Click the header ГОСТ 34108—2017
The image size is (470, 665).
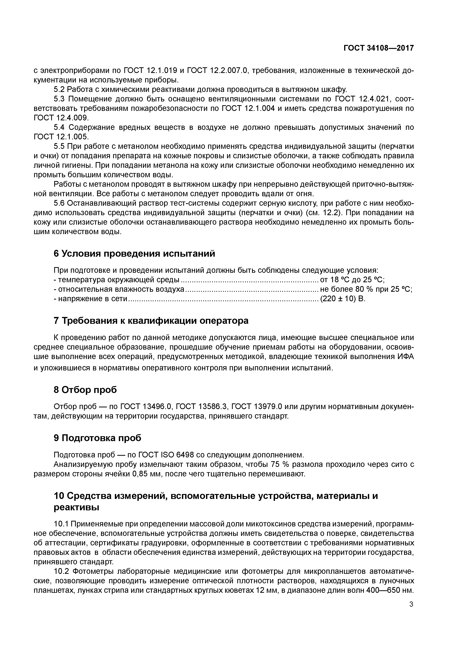pos(378,48)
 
